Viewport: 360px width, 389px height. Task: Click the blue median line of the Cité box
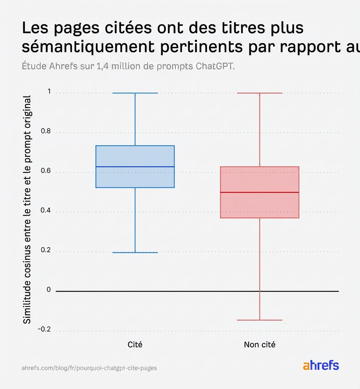135,167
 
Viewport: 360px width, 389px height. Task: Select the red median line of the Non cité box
259,192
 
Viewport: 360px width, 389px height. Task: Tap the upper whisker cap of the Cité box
135,93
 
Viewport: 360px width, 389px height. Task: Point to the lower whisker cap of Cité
135,252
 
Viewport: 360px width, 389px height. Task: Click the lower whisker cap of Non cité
259,320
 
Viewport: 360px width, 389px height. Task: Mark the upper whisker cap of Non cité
259,93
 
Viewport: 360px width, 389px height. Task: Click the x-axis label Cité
135,344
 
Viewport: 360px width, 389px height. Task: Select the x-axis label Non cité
259,344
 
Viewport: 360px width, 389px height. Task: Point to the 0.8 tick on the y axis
46,131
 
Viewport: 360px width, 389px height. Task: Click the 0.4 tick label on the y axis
46,211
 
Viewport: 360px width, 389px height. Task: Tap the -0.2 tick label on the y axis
44,329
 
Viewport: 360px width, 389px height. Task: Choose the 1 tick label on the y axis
49,91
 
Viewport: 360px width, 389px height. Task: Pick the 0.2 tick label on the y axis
46,250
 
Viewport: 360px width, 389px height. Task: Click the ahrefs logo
321,365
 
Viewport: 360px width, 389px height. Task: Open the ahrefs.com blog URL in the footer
89,368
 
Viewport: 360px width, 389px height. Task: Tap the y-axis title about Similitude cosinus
27,209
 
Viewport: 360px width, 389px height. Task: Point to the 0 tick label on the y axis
49,290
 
